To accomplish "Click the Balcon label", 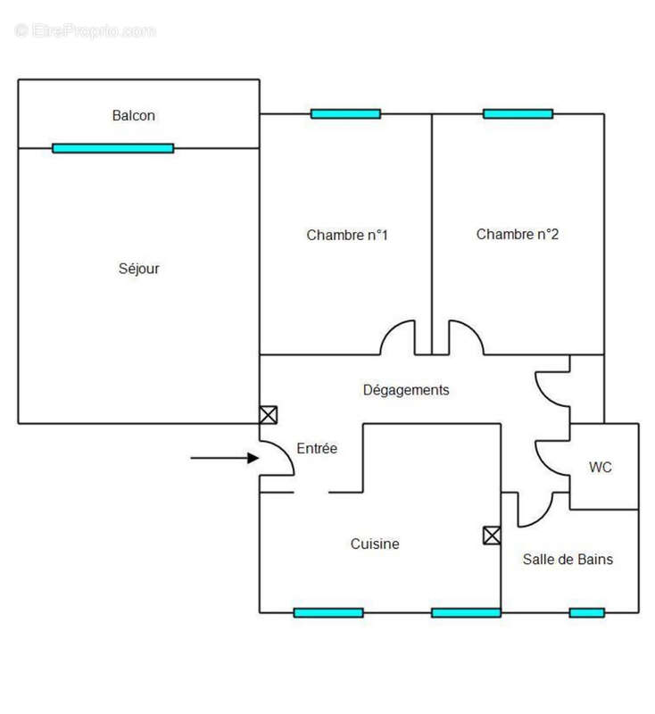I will tap(134, 115).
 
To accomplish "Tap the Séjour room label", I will tap(138, 268).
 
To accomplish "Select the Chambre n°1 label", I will tap(347, 235).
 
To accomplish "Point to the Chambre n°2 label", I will tap(518, 234).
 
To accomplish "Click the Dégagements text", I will tap(406, 390).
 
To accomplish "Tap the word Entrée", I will tap(317, 448).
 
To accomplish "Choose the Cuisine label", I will tap(375, 544).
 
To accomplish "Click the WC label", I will tap(601, 467).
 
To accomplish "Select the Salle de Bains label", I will tap(568, 560).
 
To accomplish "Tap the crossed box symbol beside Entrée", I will tap(268, 414).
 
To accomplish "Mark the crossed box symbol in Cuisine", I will tap(492, 535).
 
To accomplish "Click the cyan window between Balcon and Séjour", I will tap(112, 148).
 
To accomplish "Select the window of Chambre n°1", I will tap(345, 113).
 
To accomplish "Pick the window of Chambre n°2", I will tap(518, 113).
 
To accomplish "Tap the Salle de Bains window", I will tap(586, 612).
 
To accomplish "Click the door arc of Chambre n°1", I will tap(397, 336).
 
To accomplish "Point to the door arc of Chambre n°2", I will tap(466, 336).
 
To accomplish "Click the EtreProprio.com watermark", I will tap(85, 31).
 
